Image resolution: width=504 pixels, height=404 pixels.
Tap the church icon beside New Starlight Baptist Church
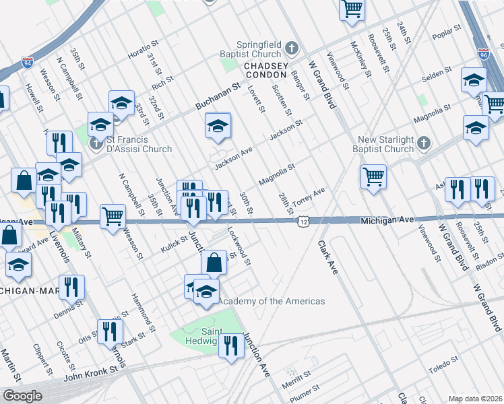pos(423,143)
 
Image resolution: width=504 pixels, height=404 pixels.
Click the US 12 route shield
pos(305,221)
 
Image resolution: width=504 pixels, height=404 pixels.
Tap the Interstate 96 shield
pos(483,53)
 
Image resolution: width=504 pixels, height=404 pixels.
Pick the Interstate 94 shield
pos(28,63)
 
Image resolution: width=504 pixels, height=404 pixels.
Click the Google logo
pos(22,396)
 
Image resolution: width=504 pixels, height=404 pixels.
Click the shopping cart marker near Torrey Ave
pos(373,177)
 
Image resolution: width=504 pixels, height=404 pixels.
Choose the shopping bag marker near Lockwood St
pos(214,263)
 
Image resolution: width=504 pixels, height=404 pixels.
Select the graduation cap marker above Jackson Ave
pos(218,126)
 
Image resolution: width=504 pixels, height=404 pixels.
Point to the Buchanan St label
pos(218,97)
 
